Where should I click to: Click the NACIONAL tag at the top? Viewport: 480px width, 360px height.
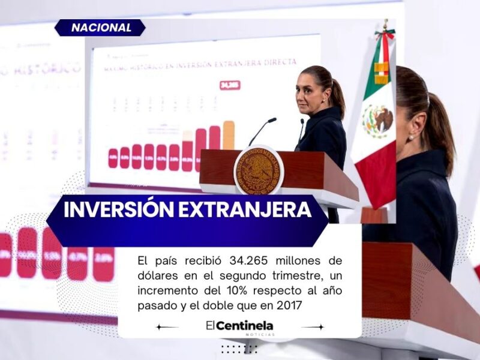(101, 28)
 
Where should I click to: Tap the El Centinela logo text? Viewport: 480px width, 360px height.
(239, 326)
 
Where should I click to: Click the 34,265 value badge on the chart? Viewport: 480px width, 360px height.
(230, 86)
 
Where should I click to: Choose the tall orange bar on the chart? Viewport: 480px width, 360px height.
(229, 135)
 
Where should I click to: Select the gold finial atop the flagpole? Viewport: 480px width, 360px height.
(385, 26)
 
